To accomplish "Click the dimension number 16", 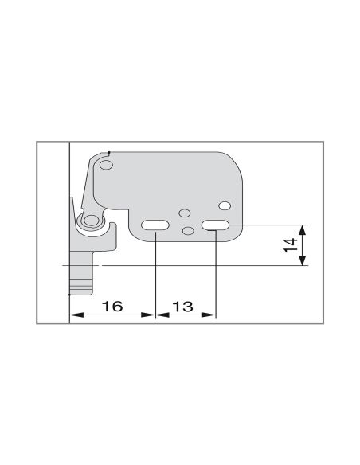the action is coord(112,306).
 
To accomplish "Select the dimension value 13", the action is coord(182,307).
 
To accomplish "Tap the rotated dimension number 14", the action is coord(291,245).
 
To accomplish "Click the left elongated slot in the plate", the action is coord(155,225).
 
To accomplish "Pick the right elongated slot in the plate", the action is coord(216,225).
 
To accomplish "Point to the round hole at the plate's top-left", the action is coord(106,165).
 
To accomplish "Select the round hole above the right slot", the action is coord(225,205).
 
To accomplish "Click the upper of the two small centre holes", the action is coord(185,213).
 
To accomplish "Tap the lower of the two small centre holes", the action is coord(188,230).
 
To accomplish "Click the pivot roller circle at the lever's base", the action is coord(90,221).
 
